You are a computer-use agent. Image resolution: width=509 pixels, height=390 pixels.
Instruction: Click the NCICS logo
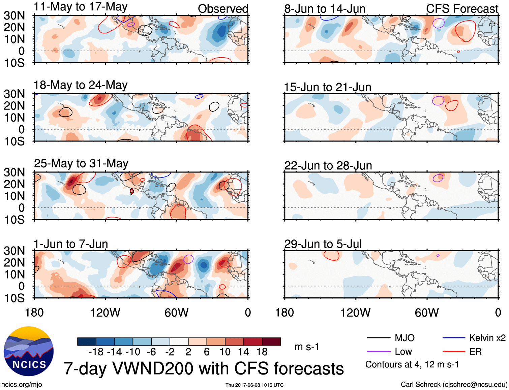pos(29,351)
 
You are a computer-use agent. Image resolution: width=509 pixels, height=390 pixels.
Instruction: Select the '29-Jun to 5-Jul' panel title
pos(323,244)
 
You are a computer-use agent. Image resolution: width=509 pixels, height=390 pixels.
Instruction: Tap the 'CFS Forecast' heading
pos(462,9)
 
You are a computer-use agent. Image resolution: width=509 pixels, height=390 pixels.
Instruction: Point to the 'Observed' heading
pos(223,9)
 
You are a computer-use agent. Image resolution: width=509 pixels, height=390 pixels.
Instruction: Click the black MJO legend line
pos(378,338)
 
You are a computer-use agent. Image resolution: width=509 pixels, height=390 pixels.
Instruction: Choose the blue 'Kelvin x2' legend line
pos(454,338)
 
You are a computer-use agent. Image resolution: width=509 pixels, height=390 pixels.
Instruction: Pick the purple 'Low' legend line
pos(378,352)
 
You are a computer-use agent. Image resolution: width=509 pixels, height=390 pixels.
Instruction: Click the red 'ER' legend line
pos(454,352)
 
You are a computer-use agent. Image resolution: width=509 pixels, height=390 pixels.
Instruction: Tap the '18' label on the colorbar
pos(262,352)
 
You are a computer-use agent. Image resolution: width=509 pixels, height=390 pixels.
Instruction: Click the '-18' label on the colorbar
pos(96,352)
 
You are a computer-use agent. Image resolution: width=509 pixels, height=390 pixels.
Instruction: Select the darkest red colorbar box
pos(271,342)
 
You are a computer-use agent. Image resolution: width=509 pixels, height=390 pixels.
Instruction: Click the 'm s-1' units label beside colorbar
pos(307,347)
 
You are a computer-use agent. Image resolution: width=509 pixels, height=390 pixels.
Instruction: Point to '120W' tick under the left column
pos(105,313)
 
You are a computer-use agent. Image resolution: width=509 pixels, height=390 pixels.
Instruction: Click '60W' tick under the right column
pos(427,313)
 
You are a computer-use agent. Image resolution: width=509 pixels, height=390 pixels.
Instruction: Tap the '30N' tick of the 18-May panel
pos(14,94)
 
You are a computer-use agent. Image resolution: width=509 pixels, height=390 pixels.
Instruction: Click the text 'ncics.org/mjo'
pos(22,385)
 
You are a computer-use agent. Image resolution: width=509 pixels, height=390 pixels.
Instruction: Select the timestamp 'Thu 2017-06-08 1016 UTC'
pos(254,385)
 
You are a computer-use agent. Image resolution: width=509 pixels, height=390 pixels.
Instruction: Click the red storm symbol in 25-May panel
pos(132,191)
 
